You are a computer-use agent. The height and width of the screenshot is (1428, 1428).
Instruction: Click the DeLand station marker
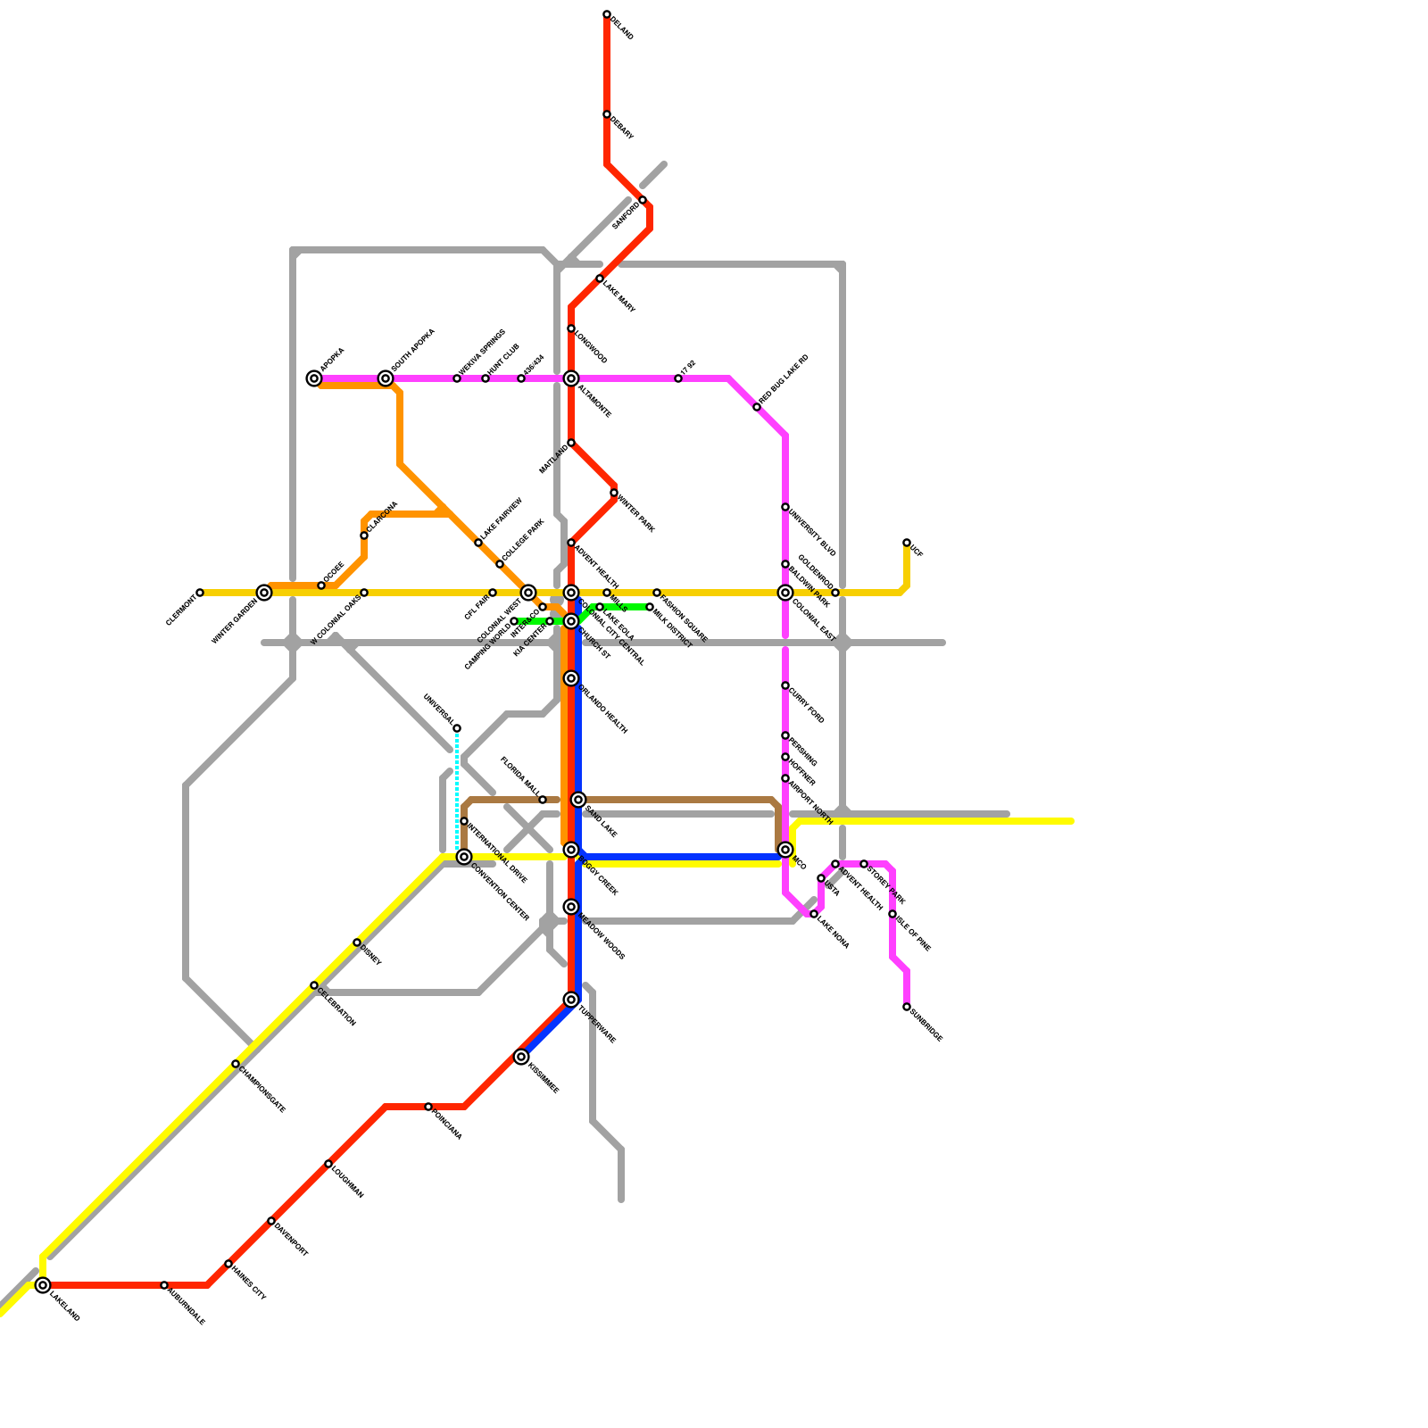[607, 14]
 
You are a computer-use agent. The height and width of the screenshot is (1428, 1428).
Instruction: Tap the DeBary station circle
[607, 114]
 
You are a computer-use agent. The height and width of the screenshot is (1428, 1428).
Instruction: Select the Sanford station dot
[643, 200]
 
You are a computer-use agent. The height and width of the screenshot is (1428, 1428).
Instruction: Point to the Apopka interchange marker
[314, 378]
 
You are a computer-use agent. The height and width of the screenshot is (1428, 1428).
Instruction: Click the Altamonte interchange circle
[571, 378]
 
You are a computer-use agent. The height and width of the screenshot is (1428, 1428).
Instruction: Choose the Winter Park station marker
[614, 493]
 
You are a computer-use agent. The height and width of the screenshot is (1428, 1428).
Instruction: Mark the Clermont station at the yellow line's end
[200, 593]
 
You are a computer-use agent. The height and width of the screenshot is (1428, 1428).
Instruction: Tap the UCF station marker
[907, 543]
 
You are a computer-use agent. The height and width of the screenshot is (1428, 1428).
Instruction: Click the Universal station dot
[457, 728]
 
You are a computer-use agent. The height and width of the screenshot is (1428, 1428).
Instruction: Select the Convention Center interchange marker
[464, 857]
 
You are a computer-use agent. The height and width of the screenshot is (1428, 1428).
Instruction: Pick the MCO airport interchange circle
[785, 850]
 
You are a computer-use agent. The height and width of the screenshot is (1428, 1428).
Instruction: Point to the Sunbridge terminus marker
[907, 1007]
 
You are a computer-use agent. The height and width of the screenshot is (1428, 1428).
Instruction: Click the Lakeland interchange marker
[43, 1285]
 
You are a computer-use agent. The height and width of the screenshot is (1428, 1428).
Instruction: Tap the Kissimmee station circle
[521, 1057]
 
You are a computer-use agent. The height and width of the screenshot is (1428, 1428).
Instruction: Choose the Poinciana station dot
[428, 1107]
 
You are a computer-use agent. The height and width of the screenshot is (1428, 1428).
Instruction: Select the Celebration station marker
[314, 985]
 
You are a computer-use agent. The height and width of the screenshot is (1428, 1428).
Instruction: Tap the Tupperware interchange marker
[571, 1000]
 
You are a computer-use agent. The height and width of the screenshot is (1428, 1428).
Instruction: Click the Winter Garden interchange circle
[264, 593]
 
